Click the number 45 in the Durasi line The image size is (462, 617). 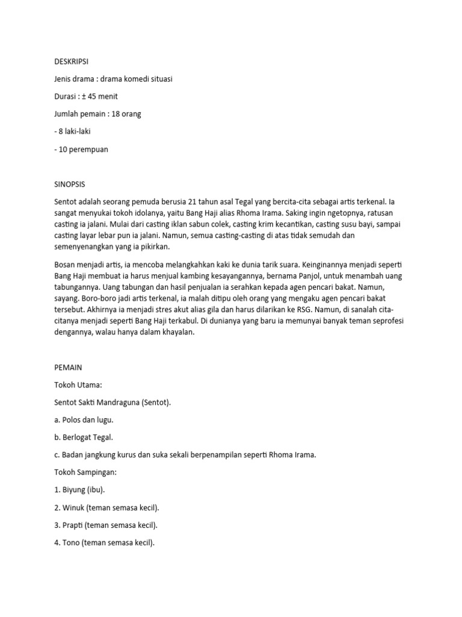(x=92, y=96)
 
